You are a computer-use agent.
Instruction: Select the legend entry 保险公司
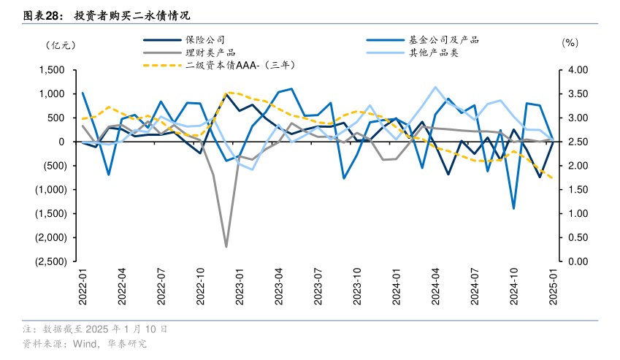[x=205, y=40]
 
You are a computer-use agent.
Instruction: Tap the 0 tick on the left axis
[x=62, y=142]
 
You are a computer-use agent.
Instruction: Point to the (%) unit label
[x=570, y=43]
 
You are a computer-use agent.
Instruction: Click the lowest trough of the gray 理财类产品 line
[x=226, y=247]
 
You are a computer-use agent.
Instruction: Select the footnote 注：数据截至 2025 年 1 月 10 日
[x=95, y=330]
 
